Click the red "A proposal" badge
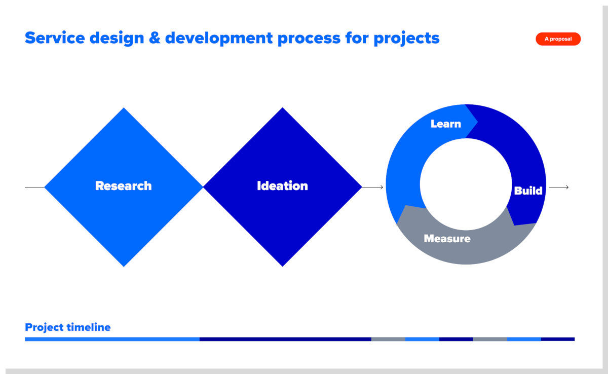(558, 39)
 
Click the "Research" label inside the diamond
(124, 186)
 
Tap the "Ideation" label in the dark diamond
(282, 186)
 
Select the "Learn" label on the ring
(446, 124)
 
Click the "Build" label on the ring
(528, 191)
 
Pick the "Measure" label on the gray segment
(447, 238)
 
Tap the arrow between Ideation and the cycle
(373, 188)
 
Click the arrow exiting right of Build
(559, 188)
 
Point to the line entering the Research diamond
(34, 188)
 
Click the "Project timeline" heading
(67, 327)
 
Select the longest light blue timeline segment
(112, 339)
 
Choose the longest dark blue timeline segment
(285, 339)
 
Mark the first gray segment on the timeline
(388, 339)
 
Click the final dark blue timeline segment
(558, 339)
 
